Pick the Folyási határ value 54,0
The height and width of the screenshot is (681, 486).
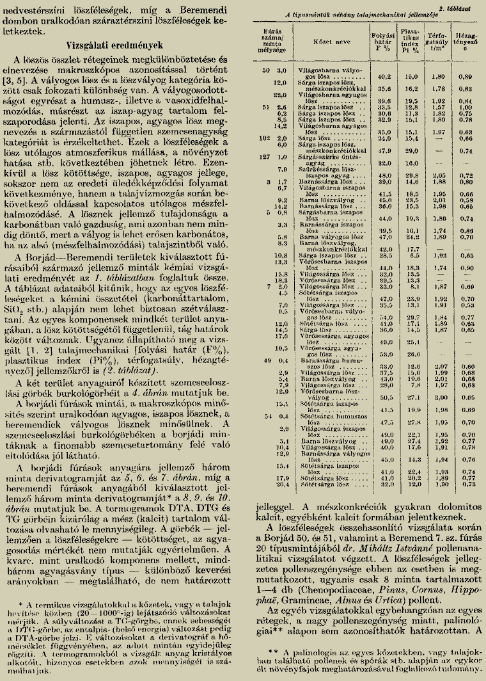coord(385,317)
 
